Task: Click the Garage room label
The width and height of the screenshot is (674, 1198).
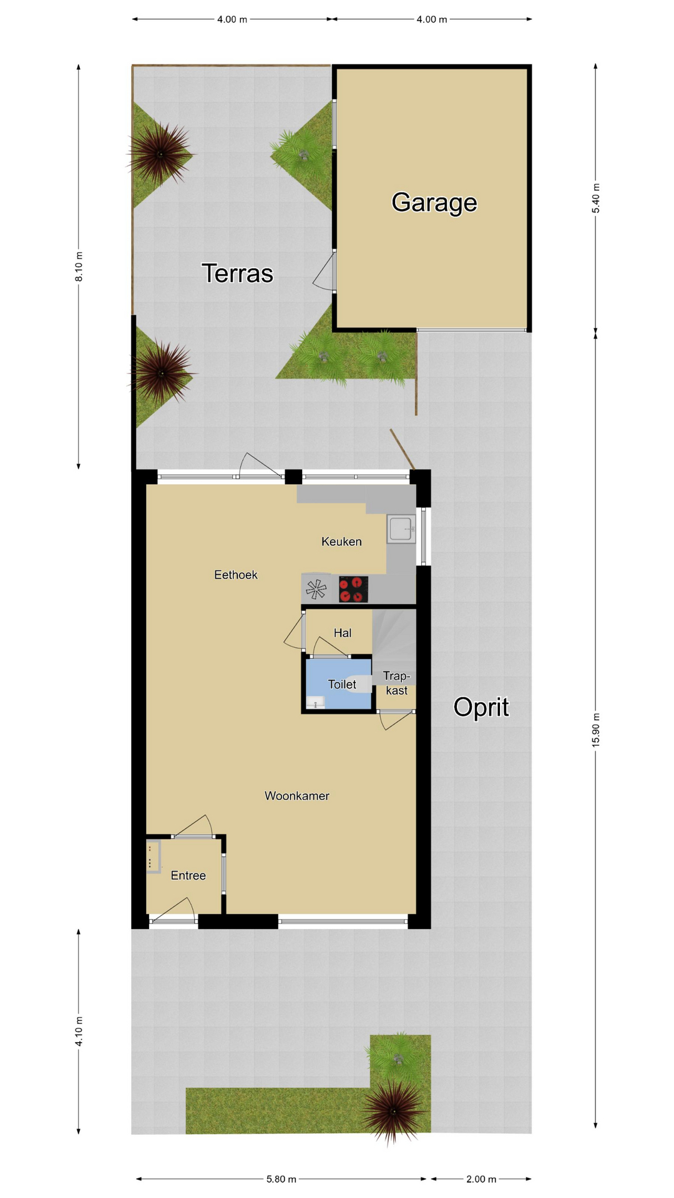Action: (434, 203)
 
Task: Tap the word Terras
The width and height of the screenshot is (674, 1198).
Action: (237, 273)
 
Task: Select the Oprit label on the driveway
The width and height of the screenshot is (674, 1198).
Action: (481, 708)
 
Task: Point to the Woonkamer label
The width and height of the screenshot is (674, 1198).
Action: (297, 796)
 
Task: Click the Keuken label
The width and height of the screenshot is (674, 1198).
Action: (341, 542)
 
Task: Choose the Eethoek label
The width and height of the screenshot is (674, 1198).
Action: (236, 575)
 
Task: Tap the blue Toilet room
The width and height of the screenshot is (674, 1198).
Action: (338, 684)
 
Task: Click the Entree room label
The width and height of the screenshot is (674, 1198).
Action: (188, 875)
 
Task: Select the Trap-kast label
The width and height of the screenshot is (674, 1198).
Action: (396, 683)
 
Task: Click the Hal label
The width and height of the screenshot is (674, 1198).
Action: (343, 633)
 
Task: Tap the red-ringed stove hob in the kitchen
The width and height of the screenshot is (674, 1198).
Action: (353, 589)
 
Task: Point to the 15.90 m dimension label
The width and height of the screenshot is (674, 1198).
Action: (595, 729)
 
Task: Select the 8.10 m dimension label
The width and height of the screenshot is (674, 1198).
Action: (79, 266)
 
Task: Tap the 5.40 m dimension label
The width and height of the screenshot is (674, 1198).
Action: (595, 198)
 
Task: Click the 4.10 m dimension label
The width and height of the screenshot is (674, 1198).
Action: (79, 1031)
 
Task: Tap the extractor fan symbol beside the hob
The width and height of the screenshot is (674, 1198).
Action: (316, 589)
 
